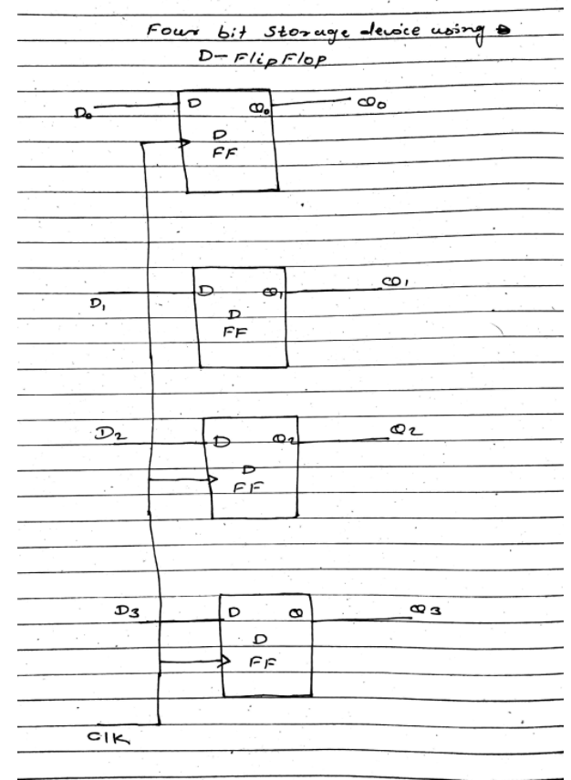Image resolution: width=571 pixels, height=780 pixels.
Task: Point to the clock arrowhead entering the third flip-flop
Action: (212, 477)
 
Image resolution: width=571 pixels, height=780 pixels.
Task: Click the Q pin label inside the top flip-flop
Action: (256, 107)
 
